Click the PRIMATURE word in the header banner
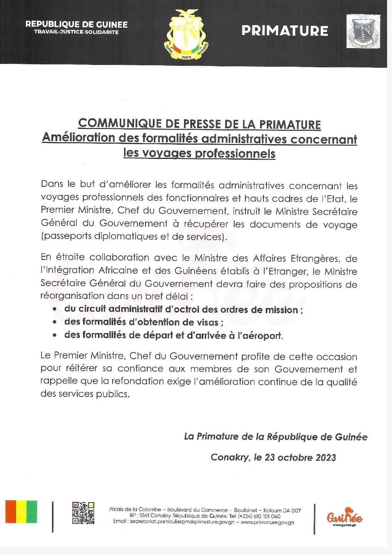285,31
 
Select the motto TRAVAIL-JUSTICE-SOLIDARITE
76,32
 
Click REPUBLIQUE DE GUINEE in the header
76,24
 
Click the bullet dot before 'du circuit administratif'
55,309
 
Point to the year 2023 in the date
325,457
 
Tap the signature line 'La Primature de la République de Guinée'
276,437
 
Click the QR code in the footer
83,513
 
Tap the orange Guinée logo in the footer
344,516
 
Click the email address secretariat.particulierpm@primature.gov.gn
175,522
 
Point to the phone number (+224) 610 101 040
260,516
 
